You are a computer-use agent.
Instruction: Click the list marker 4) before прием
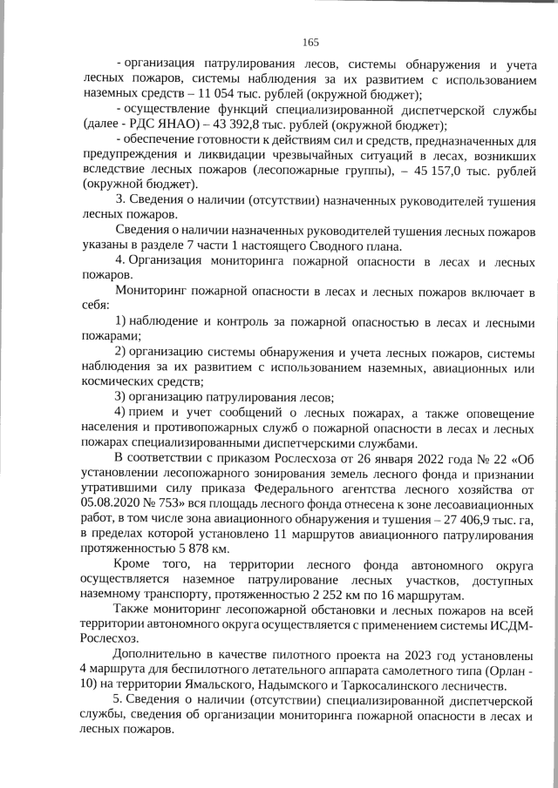122,412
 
